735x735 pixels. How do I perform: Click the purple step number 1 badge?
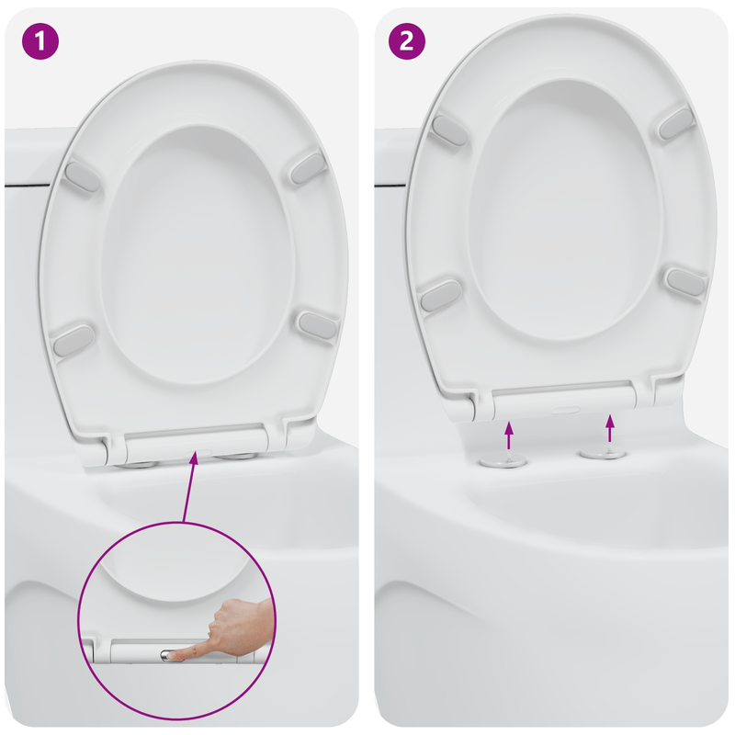pyautogui.click(x=40, y=41)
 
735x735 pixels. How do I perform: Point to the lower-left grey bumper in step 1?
pyautogui.click(x=73, y=341)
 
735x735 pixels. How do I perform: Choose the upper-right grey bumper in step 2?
pyautogui.click(x=677, y=121)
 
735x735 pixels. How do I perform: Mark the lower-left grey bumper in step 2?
pyautogui.click(x=440, y=295)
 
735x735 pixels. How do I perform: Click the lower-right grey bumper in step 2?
pyautogui.click(x=685, y=281)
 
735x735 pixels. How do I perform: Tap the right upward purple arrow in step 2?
pyautogui.click(x=608, y=428)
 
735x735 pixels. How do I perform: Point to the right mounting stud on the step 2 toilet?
pyautogui.click(x=604, y=452)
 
